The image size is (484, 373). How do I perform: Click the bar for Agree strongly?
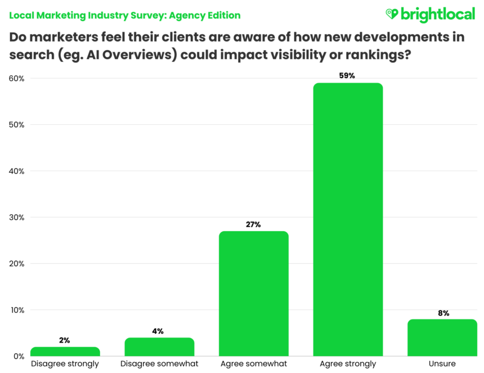point(348,219)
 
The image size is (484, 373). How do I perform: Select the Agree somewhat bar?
point(253,293)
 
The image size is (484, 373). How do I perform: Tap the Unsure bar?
point(442,338)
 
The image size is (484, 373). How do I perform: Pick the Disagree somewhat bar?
point(159,347)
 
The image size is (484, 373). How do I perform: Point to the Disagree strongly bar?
point(65,352)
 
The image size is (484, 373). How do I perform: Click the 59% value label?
point(348,76)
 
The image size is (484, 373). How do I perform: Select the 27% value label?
point(253,224)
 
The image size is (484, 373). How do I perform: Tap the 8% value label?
point(443,313)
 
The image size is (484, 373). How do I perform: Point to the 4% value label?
point(159,331)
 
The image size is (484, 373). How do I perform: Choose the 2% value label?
point(65,340)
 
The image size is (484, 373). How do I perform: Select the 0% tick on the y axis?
point(19,356)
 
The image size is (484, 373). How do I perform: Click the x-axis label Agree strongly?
point(348,364)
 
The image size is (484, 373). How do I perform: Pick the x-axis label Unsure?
point(442,364)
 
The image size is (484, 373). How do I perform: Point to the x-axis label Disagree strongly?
point(65,364)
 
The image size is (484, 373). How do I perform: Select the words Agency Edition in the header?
point(208,15)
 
